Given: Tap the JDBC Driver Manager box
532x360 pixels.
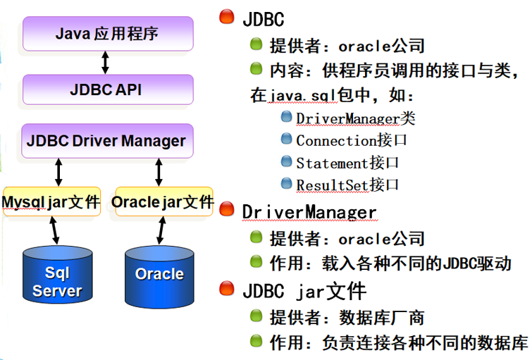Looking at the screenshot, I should point(106,140).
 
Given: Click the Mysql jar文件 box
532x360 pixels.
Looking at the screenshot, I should point(51,202).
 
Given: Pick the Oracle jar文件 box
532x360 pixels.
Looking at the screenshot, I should point(162,202).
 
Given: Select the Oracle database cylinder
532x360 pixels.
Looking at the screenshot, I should point(159,275).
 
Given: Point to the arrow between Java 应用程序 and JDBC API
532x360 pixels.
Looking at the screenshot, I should point(106,62).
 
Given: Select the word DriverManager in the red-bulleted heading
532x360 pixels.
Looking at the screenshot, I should point(309,211).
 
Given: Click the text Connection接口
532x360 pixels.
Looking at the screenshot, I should point(352,140).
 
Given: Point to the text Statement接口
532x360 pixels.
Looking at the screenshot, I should point(347,163).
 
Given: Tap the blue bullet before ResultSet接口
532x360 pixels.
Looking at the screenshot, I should point(286,184).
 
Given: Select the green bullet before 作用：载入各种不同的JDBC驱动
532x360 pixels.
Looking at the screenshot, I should point(256,262).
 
